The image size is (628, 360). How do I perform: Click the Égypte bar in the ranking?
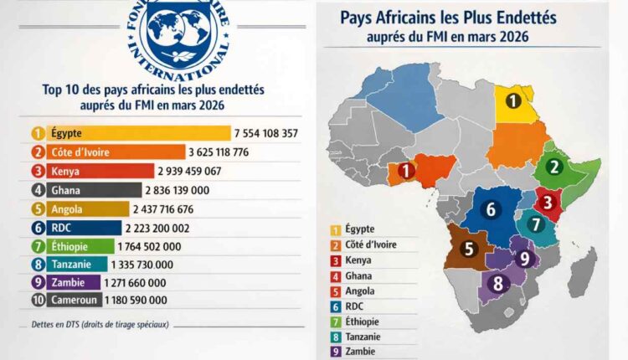[x=130, y=133]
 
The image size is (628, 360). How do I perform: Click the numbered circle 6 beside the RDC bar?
[x=37, y=227]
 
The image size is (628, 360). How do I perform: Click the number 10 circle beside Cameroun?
[x=37, y=301]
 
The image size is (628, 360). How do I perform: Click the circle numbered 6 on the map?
[x=492, y=210]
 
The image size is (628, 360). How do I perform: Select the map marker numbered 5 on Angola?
[x=469, y=249]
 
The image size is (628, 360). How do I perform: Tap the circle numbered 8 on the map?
[x=497, y=283]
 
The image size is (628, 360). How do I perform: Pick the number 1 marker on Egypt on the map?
[x=510, y=101]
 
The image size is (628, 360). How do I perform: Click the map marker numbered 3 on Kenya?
[x=547, y=202]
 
